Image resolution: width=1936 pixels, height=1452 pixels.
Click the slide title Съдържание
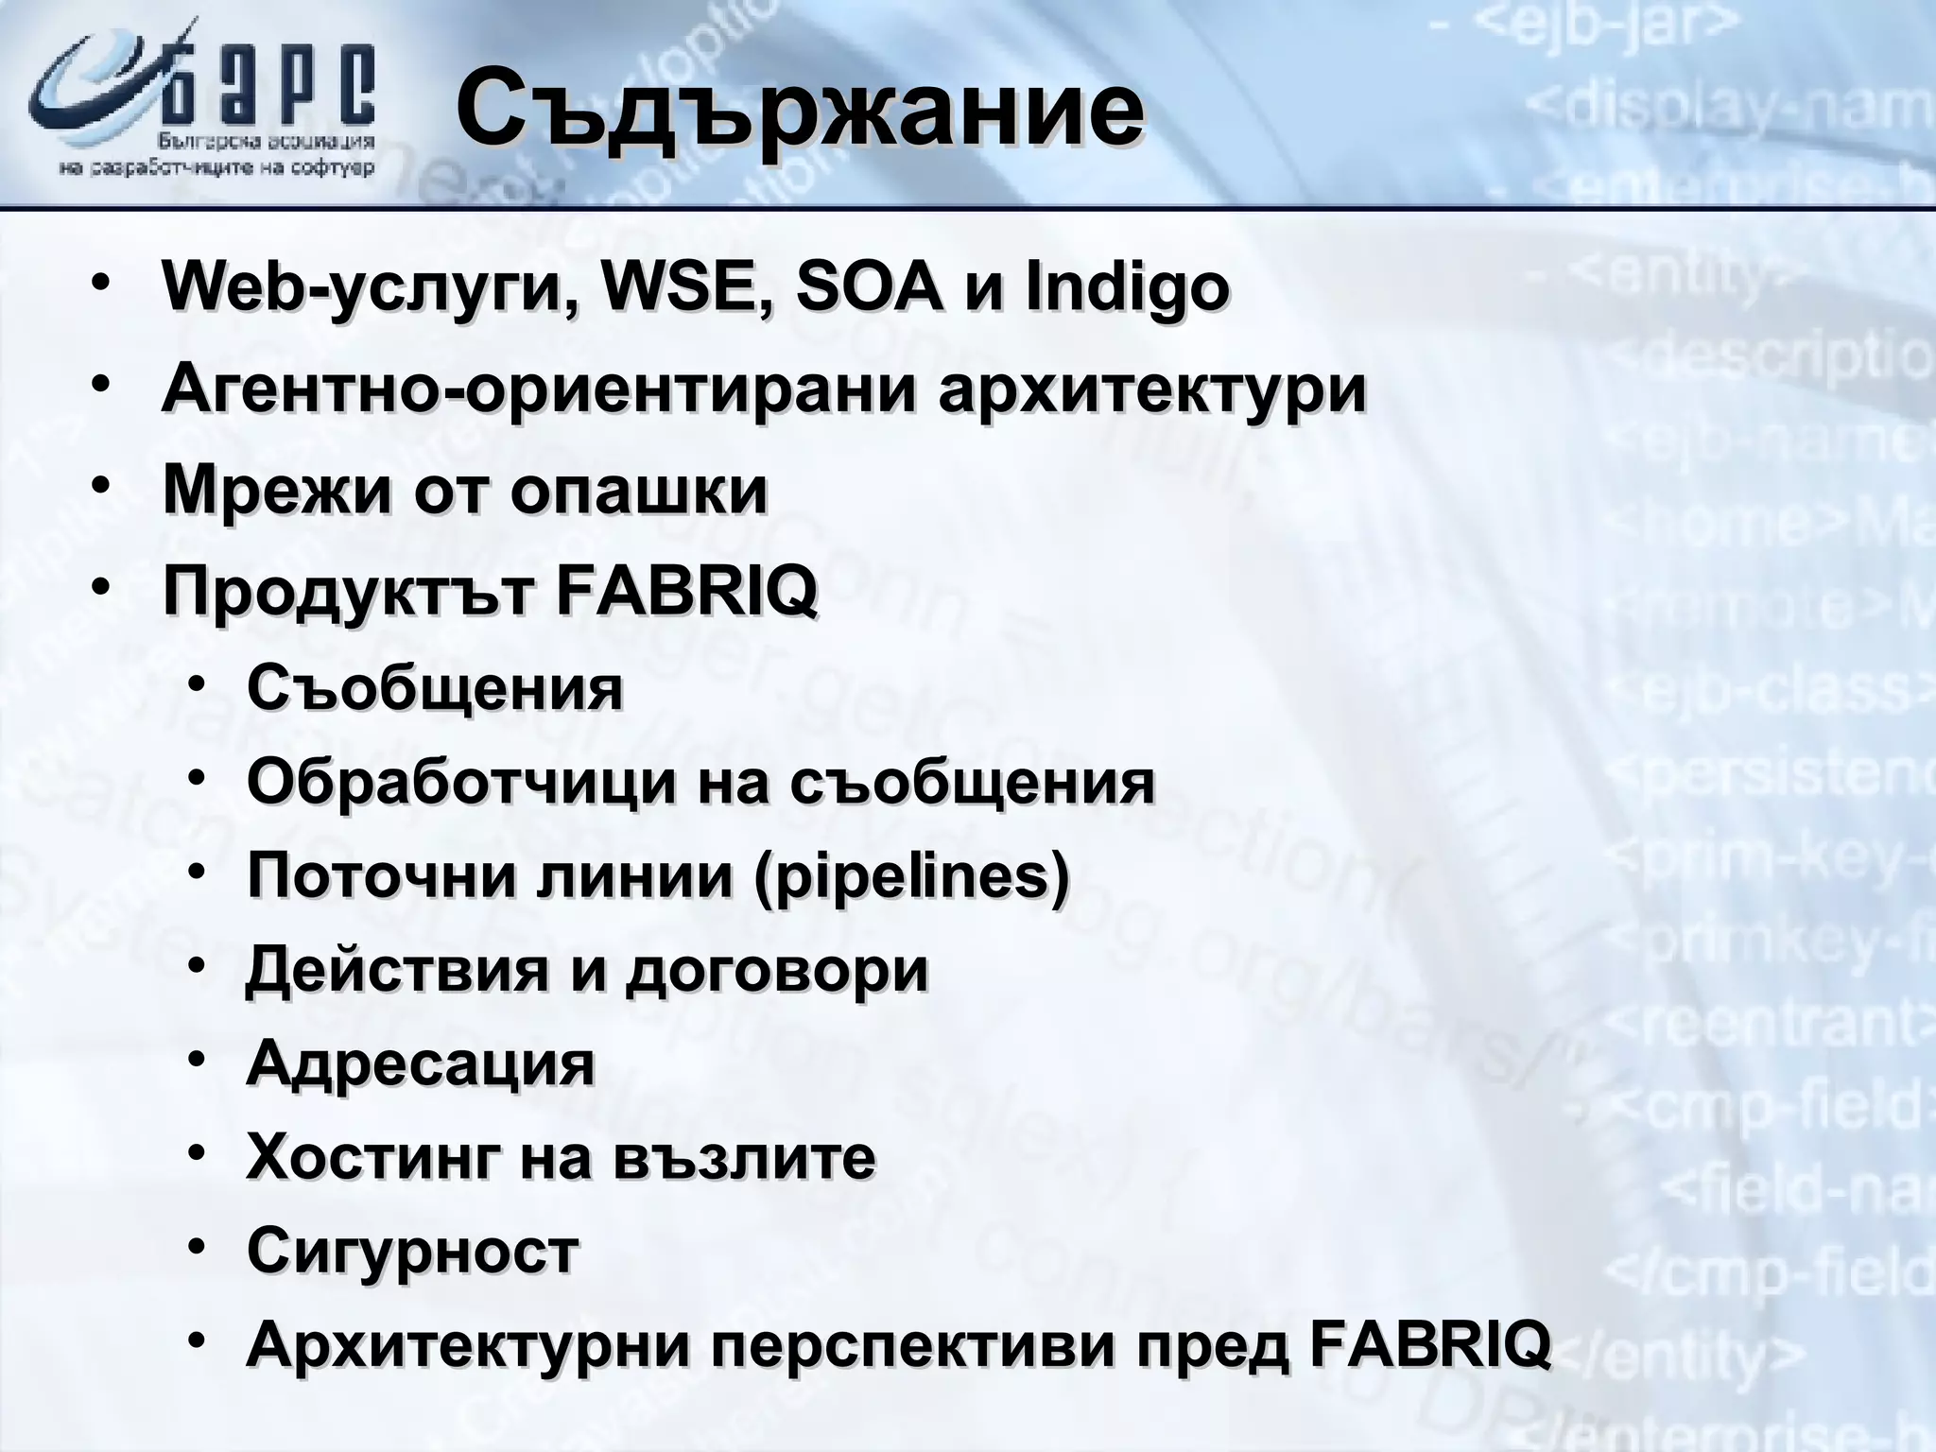click(x=799, y=112)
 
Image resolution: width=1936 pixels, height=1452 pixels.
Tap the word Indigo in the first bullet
click(x=1127, y=289)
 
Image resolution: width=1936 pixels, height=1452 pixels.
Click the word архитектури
click(x=1152, y=389)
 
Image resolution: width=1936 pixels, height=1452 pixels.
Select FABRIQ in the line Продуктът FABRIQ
click(x=686, y=592)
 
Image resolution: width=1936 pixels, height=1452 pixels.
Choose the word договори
click(x=777, y=971)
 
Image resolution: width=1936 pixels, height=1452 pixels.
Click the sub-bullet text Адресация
click(x=421, y=1064)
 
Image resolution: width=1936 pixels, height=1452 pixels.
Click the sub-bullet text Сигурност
click(x=412, y=1252)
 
